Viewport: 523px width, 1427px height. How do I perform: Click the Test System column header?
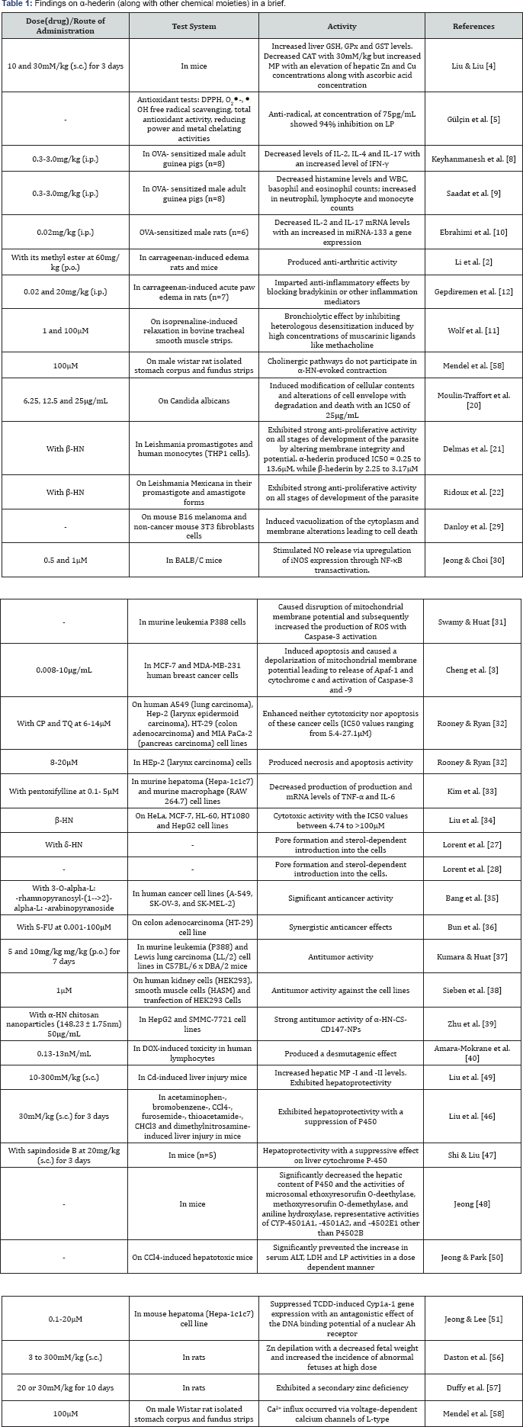tap(194, 26)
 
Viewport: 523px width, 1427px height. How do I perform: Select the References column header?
tap(473, 26)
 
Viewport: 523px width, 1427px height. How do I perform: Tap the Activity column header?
tap(342, 26)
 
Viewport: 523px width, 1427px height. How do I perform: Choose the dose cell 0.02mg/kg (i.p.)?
tap(64, 232)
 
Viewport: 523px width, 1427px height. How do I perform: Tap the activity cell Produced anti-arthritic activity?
tap(342, 262)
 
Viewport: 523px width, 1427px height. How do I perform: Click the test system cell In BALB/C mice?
tap(194, 560)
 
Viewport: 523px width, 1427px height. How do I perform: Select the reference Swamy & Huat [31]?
tap(473, 622)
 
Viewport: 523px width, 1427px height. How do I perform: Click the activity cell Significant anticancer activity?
tap(342, 898)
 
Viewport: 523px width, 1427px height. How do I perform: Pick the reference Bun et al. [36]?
tap(473, 927)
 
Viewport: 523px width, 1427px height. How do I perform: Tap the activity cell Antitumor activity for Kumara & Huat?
tap(342, 956)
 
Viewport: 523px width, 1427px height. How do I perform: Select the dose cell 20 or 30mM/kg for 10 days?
tap(64, 1387)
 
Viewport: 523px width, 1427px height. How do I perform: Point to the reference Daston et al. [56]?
tap(473, 1358)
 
